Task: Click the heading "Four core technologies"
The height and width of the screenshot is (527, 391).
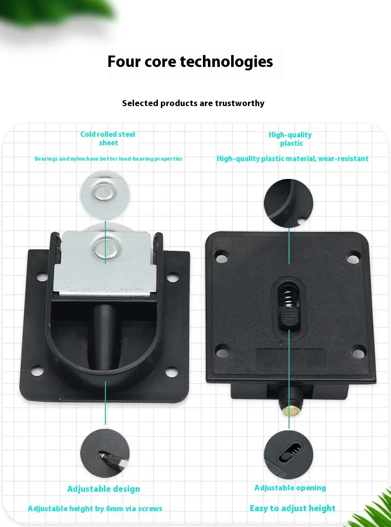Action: (190, 61)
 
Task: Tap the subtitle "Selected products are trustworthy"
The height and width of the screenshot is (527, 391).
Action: (193, 103)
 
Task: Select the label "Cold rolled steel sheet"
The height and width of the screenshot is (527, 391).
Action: (108, 138)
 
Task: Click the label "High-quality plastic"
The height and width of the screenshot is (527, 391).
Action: (291, 139)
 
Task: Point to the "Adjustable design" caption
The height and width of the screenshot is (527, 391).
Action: (104, 489)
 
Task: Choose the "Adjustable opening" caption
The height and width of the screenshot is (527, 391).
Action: (290, 488)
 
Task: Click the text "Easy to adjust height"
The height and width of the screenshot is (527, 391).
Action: (293, 509)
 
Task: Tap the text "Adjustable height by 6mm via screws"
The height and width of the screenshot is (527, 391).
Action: (95, 509)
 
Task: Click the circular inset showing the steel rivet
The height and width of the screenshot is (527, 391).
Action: (105, 195)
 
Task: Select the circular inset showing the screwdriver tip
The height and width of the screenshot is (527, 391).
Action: (105, 454)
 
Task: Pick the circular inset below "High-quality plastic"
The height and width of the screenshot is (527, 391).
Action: (289, 203)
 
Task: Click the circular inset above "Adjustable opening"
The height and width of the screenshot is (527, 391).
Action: (289, 455)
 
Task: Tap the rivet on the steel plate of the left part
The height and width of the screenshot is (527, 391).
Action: (105, 250)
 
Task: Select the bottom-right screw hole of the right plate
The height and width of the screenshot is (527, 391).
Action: (358, 353)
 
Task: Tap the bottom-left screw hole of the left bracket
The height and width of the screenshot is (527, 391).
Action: (37, 371)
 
